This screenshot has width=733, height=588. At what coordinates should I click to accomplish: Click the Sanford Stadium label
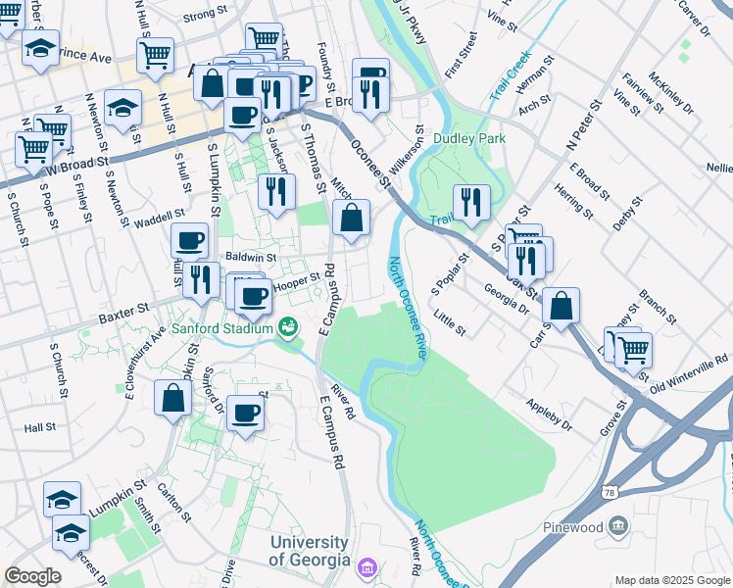tap(223, 328)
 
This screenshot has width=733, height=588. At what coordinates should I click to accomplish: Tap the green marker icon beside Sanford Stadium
tap(288, 327)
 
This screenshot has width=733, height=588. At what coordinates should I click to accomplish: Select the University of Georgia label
tap(310, 551)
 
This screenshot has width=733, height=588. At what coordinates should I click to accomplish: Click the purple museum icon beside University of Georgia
tap(366, 566)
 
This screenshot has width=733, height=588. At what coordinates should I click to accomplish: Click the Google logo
tap(32, 575)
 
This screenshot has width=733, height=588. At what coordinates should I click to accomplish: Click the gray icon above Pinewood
tap(618, 526)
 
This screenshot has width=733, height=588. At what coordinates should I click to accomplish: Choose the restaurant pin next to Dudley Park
tap(471, 202)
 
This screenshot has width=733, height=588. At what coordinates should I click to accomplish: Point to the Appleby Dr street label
tap(549, 415)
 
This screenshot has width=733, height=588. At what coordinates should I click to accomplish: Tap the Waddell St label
tap(161, 216)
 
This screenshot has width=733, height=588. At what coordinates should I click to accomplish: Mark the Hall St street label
tap(40, 428)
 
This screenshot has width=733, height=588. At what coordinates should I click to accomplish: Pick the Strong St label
tap(204, 16)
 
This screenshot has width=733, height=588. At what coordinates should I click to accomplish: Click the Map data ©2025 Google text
tap(671, 579)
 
